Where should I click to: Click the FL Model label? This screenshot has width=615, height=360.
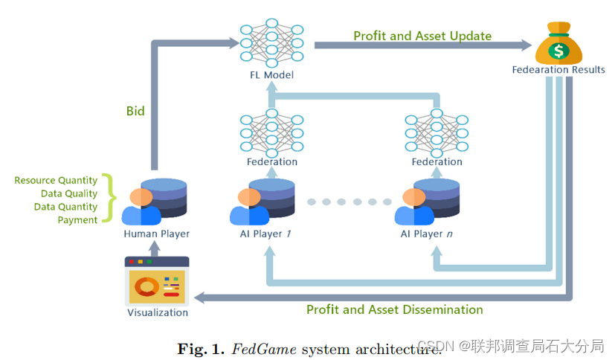271,74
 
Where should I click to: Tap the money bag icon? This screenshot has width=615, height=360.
558,44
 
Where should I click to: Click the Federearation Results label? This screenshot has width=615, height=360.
558,70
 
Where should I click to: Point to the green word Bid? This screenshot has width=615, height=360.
135,111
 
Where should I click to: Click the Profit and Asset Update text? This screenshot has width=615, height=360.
422,36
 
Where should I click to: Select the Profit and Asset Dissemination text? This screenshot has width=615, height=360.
395,309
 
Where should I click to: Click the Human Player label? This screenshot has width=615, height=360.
156,234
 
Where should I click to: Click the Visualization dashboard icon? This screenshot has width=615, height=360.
157,280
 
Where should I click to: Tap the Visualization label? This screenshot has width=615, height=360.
158,312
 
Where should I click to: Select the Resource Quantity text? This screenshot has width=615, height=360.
56,180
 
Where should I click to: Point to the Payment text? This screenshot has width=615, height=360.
77,220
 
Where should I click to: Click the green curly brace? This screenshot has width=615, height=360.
110,199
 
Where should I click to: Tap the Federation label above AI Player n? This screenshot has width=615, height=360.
437,161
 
